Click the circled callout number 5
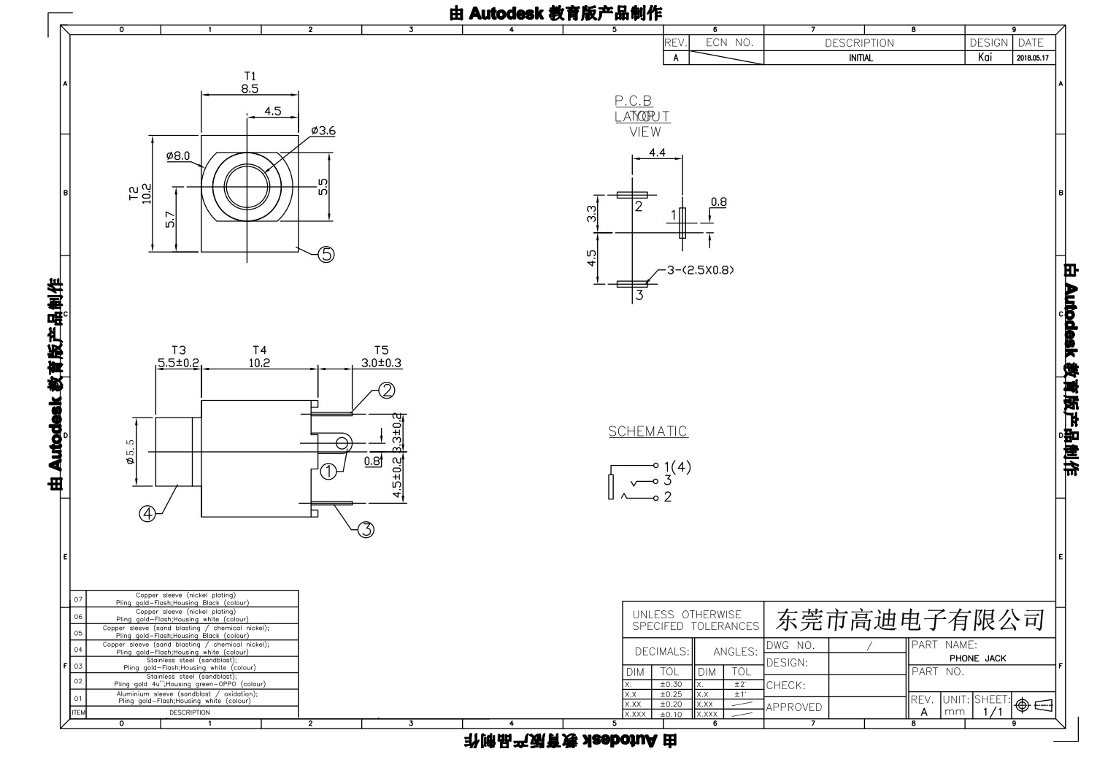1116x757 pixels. point(326,254)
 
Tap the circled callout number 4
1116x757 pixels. point(147,514)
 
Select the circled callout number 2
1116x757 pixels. point(387,391)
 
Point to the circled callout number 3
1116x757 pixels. point(366,530)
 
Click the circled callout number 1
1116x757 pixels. point(329,471)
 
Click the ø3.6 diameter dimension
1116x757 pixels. point(323,131)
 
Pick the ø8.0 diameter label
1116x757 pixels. point(177,155)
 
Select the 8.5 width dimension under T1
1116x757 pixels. point(250,88)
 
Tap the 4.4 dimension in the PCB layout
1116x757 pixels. point(657,153)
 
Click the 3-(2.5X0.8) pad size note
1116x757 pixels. point(700,269)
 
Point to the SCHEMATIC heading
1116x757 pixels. point(648,431)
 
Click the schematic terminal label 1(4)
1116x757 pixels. point(677,466)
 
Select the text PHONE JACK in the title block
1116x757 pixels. point(977,658)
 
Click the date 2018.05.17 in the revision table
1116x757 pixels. point(1032,58)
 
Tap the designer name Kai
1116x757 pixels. point(985,58)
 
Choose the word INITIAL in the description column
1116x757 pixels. point(861,58)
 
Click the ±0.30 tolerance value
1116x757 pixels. point(670,685)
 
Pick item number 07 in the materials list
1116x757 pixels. point(79,599)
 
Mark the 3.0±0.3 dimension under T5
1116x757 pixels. point(381,363)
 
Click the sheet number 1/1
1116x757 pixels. point(993,712)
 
